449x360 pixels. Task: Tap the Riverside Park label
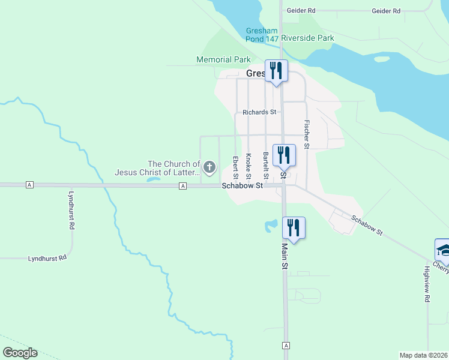coord(307,38)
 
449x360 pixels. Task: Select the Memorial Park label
coord(223,60)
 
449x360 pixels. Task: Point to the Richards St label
coord(259,112)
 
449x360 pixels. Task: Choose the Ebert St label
coord(235,167)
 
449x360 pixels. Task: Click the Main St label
coord(285,256)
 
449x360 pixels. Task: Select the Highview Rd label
coord(427,284)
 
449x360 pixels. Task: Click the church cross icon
coord(209,167)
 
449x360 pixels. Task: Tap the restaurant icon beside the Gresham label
coord(276,71)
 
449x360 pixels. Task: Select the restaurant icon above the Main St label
coord(293,228)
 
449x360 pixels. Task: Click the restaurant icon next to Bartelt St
coord(284,155)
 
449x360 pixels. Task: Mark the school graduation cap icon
coord(442,249)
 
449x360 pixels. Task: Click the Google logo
coord(20,353)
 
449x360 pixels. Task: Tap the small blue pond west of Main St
coord(271,226)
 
